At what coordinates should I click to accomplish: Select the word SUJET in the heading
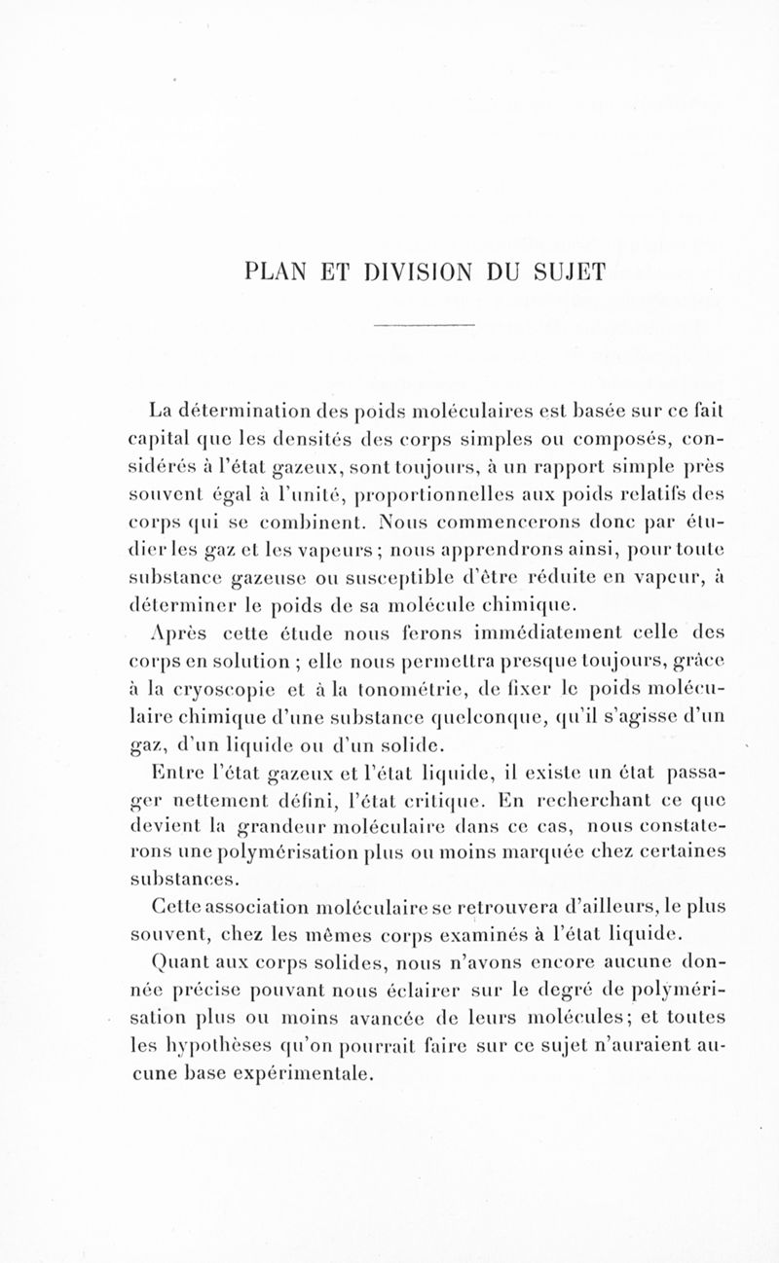pos(569,268)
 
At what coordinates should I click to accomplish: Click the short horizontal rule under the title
pos(424,324)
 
